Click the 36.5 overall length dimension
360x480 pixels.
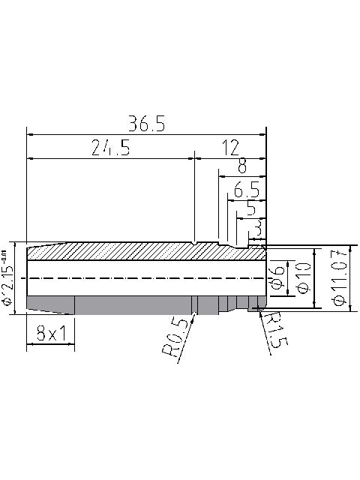146,124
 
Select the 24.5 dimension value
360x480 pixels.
110,148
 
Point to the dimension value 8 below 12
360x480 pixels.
241,166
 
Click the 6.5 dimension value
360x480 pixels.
246,189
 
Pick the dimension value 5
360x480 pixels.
250,206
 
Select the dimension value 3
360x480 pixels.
257,225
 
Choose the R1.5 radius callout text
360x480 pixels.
274,330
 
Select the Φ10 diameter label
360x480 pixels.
302,277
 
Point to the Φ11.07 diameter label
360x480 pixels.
338,279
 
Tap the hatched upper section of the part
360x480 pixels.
135,251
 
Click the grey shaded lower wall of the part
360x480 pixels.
127,304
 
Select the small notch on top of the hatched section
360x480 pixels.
194,244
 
